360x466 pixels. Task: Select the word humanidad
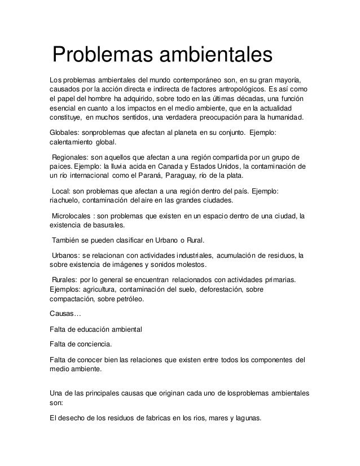[279, 118]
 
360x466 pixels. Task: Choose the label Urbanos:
[68, 254]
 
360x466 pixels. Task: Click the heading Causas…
[65, 314]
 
